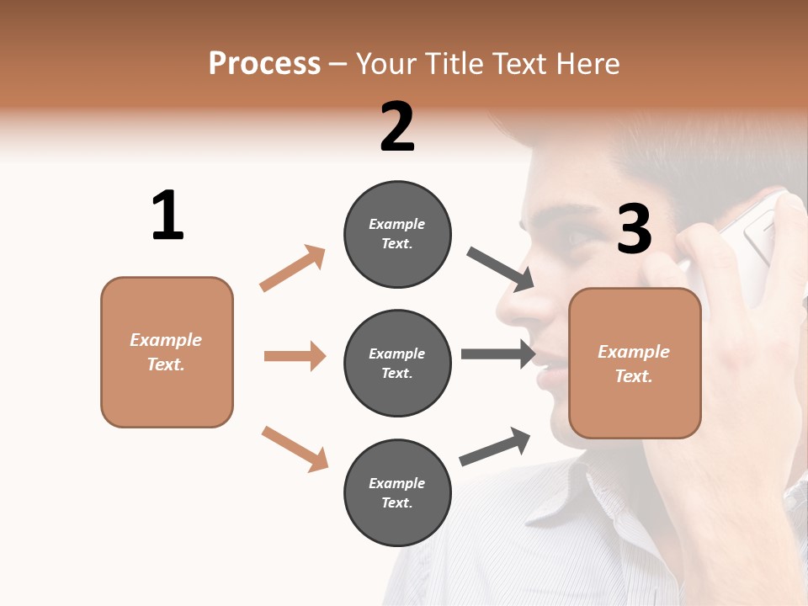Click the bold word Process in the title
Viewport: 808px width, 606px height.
click(x=264, y=63)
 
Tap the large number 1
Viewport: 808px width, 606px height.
click(x=167, y=215)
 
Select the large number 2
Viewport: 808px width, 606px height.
click(x=397, y=126)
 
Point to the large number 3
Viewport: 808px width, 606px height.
click(x=635, y=229)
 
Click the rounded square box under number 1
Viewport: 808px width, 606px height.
click(x=167, y=352)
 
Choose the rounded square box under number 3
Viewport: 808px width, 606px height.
click(x=635, y=363)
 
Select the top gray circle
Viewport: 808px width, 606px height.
click(x=397, y=234)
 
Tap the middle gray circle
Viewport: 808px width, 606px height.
click(x=397, y=363)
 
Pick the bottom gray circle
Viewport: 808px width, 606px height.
click(x=397, y=492)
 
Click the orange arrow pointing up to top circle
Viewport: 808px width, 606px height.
click(x=292, y=268)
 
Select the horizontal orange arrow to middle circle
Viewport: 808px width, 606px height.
click(x=295, y=356)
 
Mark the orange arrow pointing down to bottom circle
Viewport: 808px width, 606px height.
click(x=295, y=449)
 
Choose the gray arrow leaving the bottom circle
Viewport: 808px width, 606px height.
click(x=495, y=446)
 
